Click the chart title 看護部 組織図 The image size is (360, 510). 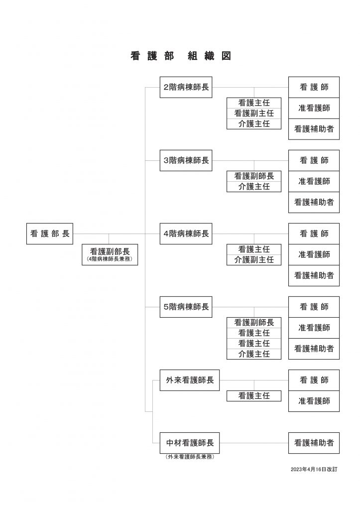click(x=181, y=56)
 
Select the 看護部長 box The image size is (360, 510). click(x=50, y=234)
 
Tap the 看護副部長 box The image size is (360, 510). click(x=110, y=255)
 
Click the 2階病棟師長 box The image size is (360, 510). click(x=186, y=87)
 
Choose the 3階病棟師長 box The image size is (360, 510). click(x=186, y=160)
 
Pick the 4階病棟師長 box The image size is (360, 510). click(x=186, y=234)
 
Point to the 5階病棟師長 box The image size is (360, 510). click(x=186, y=307)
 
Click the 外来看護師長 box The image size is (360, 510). click(x=190, y=380)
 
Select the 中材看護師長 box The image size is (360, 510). click(x=190, y=443)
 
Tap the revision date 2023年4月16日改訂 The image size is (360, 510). click(x=314, y=469)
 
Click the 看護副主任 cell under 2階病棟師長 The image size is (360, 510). click(x=254, y=113)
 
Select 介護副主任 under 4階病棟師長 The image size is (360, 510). click(x=254, y=260)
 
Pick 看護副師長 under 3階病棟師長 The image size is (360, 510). click(x=254, y=176)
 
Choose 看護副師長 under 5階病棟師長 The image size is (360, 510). click(x=254, y=323)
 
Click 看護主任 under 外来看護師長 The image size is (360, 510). click(x=254, y=396)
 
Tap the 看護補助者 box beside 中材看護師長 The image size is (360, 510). click(x=314, y=443)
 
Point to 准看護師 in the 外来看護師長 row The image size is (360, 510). click(x=314, y=401)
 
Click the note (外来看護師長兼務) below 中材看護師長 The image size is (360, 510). click(x=190, y=457)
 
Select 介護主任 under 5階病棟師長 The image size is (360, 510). click(x=254, y=354)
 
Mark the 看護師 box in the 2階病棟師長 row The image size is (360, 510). click(x=314, y=87)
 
